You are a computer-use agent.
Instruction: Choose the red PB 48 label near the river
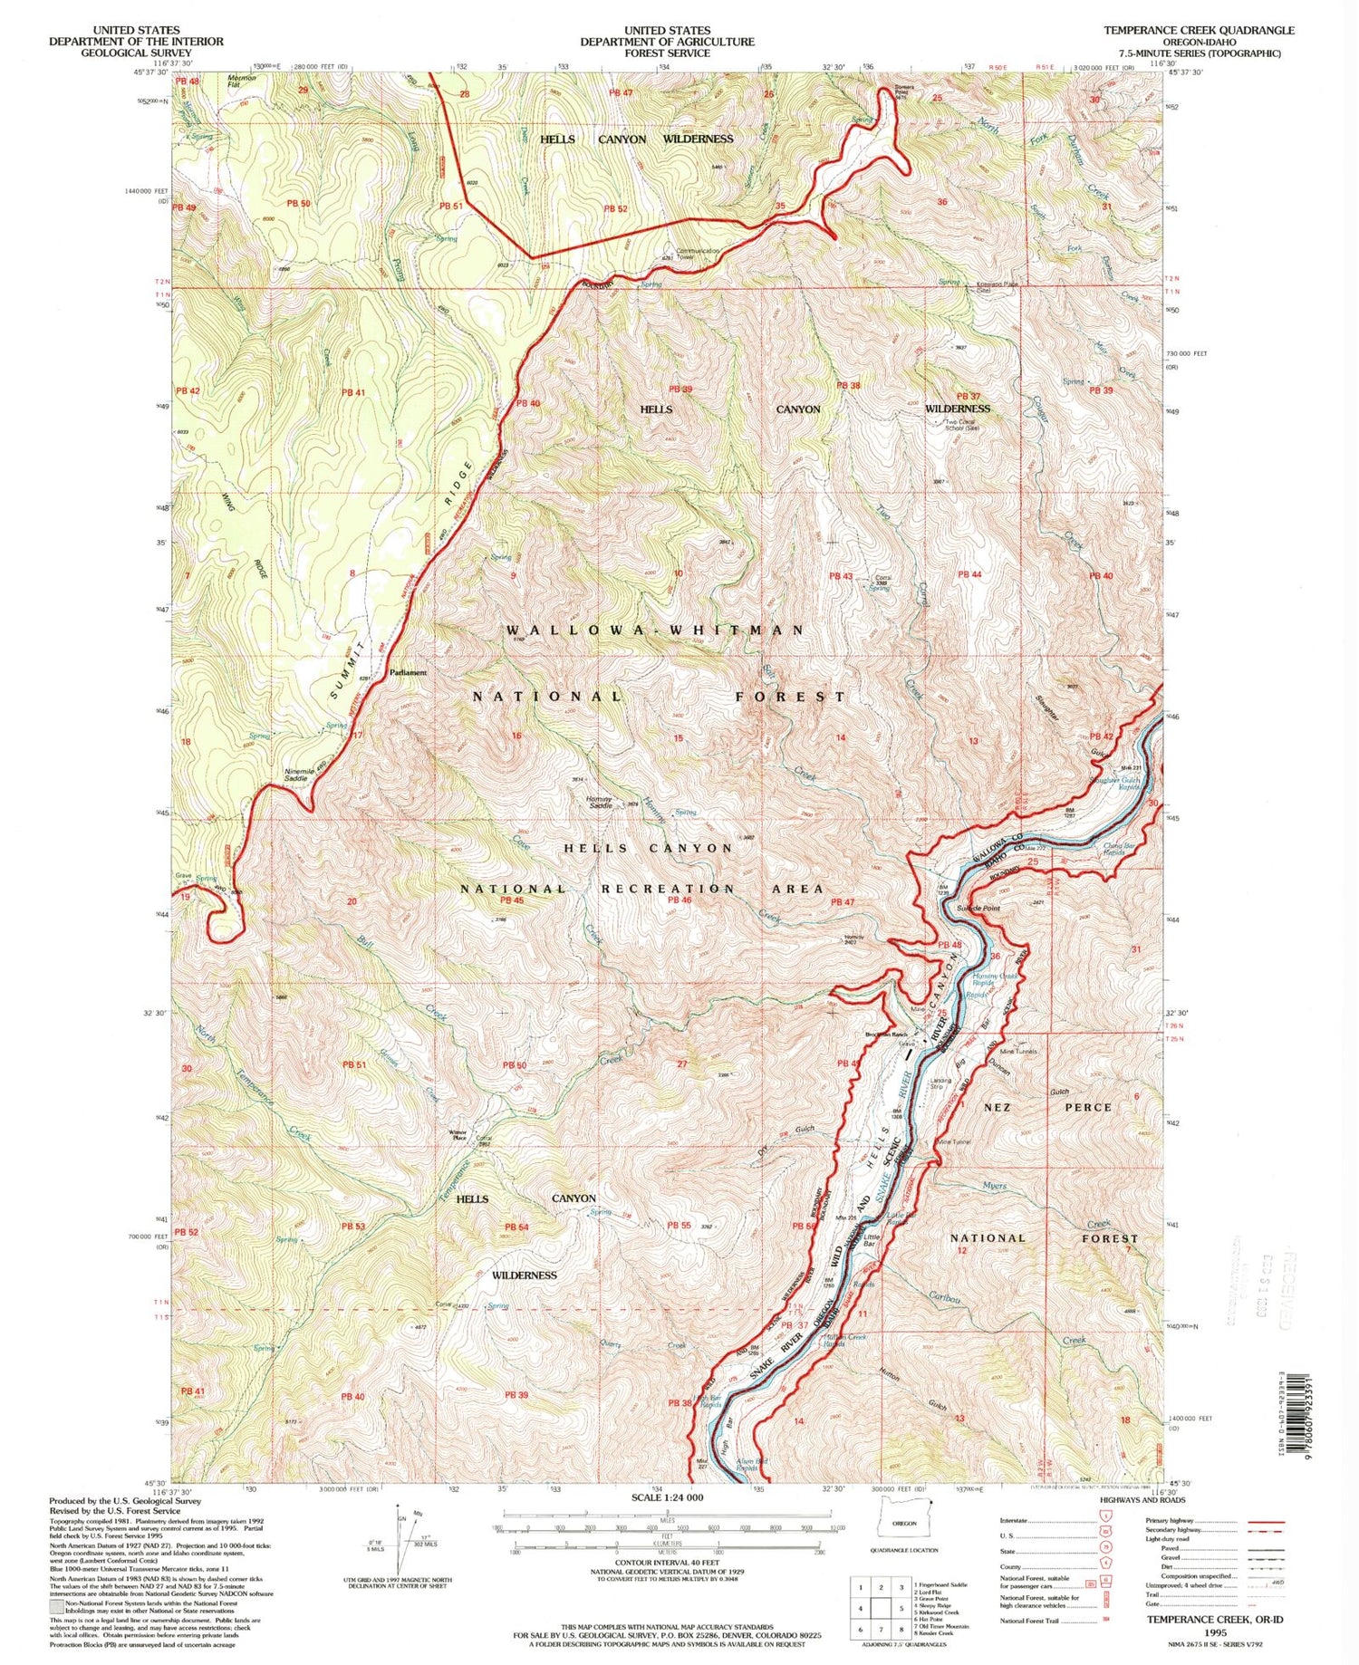(x=949, y=946)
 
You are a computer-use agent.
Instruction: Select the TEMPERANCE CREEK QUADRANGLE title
(x=1199, y=30)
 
